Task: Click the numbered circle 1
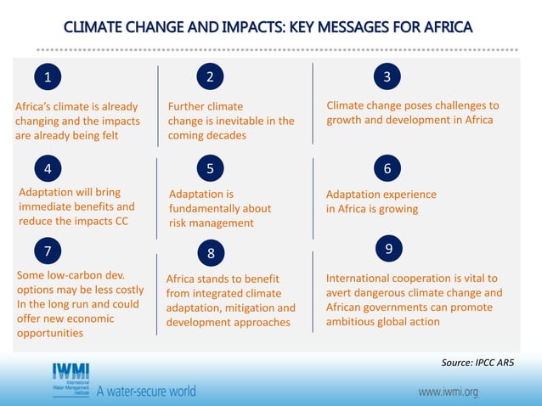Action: click(48, 77)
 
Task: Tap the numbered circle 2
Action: click(210, 77)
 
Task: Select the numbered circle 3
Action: click(387, 77)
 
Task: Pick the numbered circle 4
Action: click(48, 167)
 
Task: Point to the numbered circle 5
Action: click(210, 168)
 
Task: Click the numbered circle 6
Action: click(387, 168)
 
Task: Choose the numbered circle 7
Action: click(48, 251)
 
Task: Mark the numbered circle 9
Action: click(387, 248)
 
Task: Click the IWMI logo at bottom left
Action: click(71, 380)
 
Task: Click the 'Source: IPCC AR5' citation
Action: click(477, 363)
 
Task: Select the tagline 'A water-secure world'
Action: click(146, 392)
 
